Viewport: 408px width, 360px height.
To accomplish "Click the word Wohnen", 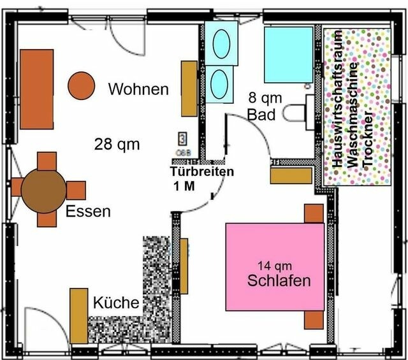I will click(x=138, y=89).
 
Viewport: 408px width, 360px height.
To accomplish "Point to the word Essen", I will click(x=88, y=211).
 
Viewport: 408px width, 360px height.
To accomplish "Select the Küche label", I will click(x=116, y=303).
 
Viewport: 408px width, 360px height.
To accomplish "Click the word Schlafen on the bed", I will click(x=279, y=280).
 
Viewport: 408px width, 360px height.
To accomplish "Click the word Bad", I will click(x=261, y=115).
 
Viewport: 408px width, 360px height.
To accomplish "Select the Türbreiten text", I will click(x=202, y=172).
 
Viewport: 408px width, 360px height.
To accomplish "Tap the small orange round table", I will click(x=81, y=85).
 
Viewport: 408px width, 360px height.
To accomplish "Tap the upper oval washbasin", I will click(x=221, y=44).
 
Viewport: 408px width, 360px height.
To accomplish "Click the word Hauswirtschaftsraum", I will click(x=338, y=101).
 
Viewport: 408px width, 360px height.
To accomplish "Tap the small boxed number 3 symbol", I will click(x=182, y=138).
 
